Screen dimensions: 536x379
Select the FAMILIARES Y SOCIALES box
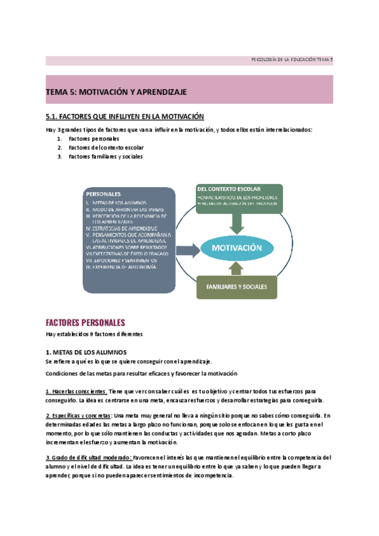click(x=236, y=286)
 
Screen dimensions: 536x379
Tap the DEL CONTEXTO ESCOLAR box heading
click(x=229, y=189)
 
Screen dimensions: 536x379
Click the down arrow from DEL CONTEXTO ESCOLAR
click(x=238, y=221)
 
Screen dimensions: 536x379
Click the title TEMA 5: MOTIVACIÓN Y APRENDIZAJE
click(x=116, y=92)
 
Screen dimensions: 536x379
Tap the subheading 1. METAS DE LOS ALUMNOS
click(x=86, y=351)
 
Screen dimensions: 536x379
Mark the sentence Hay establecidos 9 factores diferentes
click(x=94, y=334)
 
